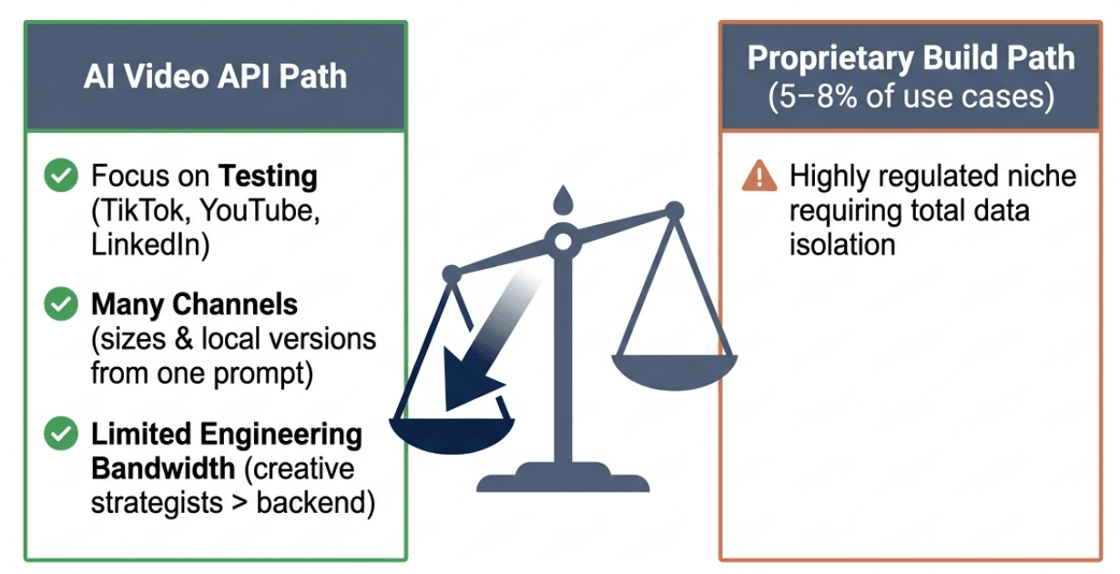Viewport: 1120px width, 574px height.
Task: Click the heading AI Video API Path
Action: click(x=215, y=77)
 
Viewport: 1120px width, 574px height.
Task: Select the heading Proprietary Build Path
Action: click(x=911, y=58)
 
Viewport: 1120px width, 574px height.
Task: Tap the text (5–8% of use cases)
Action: click(x=911, y=96)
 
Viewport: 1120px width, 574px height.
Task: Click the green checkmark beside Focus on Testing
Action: click(x=61, y=175)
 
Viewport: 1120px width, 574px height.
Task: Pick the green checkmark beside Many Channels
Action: click(x=61, y=303)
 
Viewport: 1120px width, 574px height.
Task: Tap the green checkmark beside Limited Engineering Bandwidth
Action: click(x=61, y=433)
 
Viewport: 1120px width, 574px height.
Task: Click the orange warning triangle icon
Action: click(x=759, y=176)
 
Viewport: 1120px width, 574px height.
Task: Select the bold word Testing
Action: click(x=268, y=177)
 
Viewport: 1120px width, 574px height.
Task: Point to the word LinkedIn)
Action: click(x=150, y=245)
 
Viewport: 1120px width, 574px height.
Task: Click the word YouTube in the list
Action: click(x=260, y=210)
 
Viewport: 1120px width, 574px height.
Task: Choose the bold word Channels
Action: click(x=235, y=303)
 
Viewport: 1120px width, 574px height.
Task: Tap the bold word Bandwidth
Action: click(x=163, y=468)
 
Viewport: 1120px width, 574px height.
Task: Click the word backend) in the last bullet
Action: click(x=316, y=502)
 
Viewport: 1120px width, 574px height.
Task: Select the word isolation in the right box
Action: click(x=842, y=245)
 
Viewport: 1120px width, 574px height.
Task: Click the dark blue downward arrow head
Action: click(x=470, y=378)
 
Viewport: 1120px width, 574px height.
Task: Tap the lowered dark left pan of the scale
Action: click(x=452, y=436)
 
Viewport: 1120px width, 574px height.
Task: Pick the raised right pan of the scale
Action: click(x=675, y=373)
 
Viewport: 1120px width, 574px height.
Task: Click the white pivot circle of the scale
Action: click(x=564, y=242)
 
